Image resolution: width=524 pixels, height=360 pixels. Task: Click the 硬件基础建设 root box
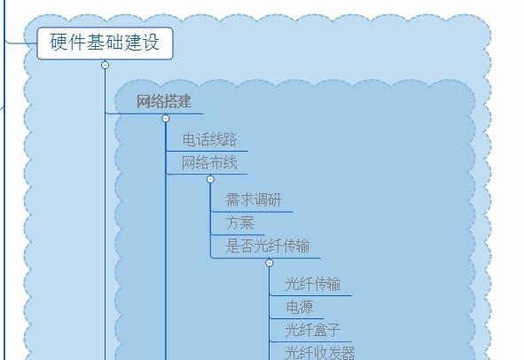pyautogui.click(x=105, y=43)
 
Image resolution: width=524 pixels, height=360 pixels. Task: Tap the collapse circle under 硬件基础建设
pyautogui.click(x=105, y=65)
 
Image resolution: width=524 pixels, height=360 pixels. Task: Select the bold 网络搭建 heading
pyautogui.click(x=164, y=101)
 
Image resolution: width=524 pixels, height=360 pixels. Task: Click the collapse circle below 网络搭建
pyautogui.click(x=166, y=118)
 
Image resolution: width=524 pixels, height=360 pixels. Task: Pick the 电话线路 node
pyautogui.click(x=209, y=139)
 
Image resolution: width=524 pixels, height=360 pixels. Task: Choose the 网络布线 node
pyautogui.click(x=209, y=163)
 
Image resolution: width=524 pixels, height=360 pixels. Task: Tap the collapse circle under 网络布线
pyautogui.click(x=210, y=179)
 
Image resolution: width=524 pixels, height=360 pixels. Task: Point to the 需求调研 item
pyautogui.click(x=254, y=200)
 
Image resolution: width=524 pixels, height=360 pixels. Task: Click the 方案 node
pyautogui.click(x=240, y=223)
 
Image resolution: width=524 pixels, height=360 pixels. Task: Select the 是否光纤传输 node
pyautogui.click(x=268, y=246)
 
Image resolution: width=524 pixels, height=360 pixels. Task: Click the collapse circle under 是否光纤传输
pyautogui.click(x=269, y=263)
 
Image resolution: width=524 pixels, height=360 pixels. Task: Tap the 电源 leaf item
pyautogui.click(x=300, y=307)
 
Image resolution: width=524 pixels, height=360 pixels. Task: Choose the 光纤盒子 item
pyautogui.click(x=313, y=330)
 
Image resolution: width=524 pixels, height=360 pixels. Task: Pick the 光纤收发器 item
pyautogui.click(x=320, y=353)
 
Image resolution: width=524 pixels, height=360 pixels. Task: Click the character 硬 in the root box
pyautogui.click(x=59, y=42)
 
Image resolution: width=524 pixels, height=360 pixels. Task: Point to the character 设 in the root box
pyautogui.click(x=151, y=42)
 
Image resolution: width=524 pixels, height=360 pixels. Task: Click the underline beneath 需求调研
pyautogui.click(x=252, y=212)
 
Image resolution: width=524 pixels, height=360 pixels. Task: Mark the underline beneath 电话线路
pyautogui.click(x=207, y=151)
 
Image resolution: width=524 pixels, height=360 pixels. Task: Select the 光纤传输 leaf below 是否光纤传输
pyautogui.click(x=313, y=284)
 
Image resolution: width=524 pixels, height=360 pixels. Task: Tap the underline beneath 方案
pyautogui.click(x=238, y=235)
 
